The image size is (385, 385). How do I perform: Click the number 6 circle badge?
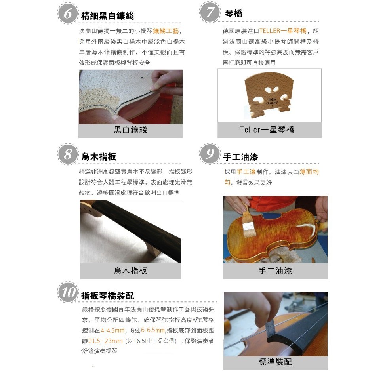click(x=67, y=13)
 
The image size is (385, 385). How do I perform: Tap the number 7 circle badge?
click(x=210, y=12)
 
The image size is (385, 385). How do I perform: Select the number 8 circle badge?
click(x=67, y=154)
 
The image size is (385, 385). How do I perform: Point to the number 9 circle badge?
click(x=210, y=154)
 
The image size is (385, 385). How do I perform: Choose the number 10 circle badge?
click(x=68, y=292)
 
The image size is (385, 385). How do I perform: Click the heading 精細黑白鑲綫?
click(x=108, y=16)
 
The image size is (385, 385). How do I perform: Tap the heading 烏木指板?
click(x=99, y=157)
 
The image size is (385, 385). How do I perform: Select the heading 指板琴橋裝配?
click(x=108, y=295)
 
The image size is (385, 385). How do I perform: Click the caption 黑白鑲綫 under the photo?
click(x=130, y=130)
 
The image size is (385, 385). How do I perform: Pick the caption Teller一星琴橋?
click(x=267, y=130)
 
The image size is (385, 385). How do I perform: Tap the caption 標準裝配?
click(x=275, y=362)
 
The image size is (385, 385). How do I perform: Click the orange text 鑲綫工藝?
click(x=166, y=31)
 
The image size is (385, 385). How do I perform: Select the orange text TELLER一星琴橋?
click(x=283, y=31)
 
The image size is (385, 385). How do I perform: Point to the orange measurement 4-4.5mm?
click(x=112, y=330)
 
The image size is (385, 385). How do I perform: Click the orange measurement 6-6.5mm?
click(x=153, y=330)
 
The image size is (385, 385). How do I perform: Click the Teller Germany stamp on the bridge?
click(x=272, y=101)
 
